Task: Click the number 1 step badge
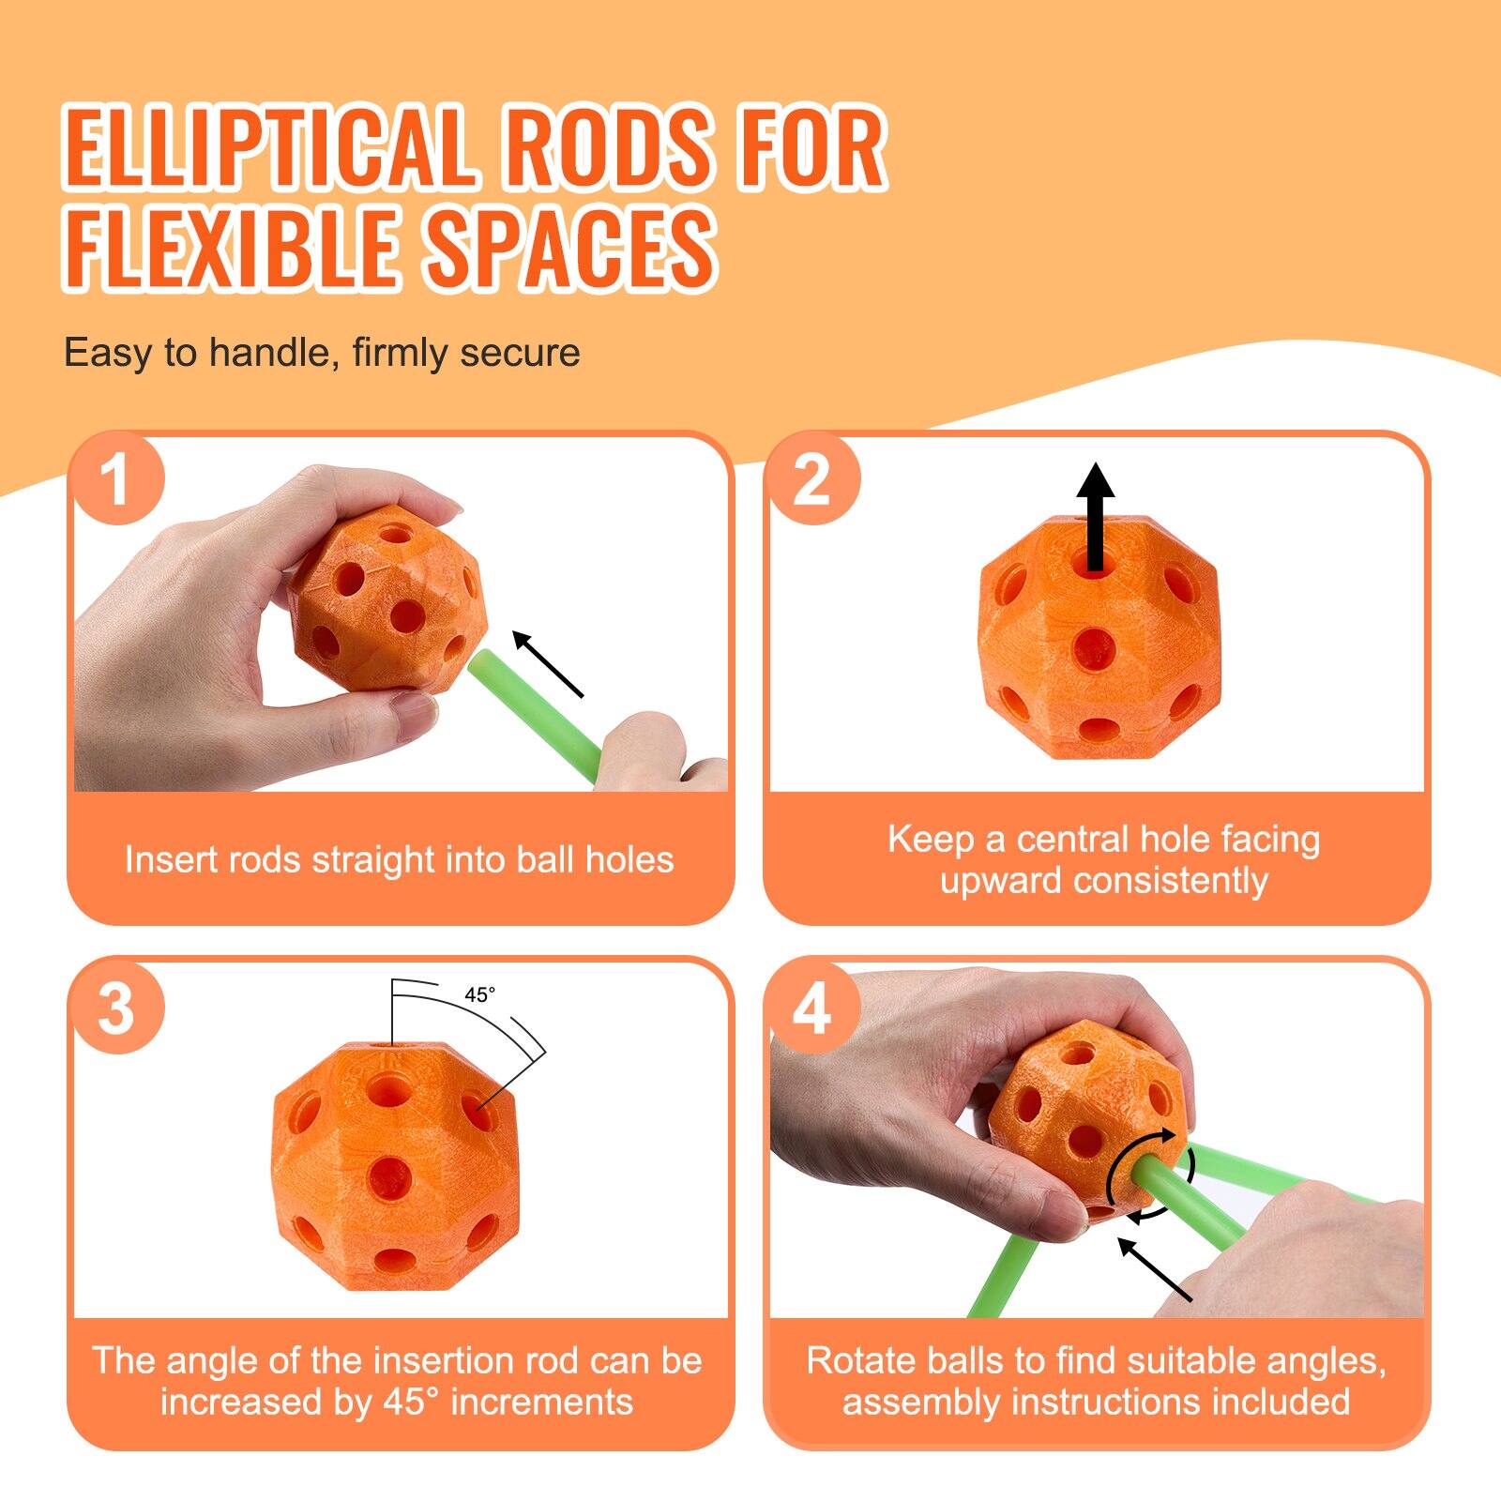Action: pyautogui.click(x=116, y=479)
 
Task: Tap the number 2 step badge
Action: pyautogui.click(x=812, y=479)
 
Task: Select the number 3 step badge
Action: pyautogui.click(x=116, y=1008)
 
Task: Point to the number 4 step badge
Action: pyautogui.click(x=812, y=1008)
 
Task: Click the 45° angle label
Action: pyautogui.click(x=479, y=994)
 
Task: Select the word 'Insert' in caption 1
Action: pyautogui.click(x=169, y=859)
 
